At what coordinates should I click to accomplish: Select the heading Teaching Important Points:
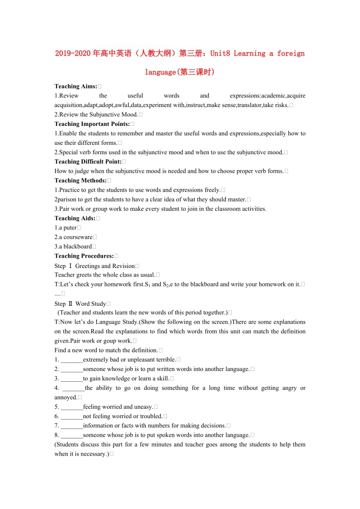(x=92, y=124)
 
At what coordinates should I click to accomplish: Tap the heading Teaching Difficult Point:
(x=88, y=161)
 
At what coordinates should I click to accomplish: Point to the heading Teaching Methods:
(x=81, y=180)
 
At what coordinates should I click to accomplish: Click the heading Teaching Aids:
(x=75, y=218)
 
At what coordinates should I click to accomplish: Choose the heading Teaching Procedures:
(x=84, y=256)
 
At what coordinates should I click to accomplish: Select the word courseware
(x=78, y=237)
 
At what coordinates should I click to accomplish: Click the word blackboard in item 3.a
(x=77, y=246)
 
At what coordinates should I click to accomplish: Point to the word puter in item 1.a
(x=70, y=228)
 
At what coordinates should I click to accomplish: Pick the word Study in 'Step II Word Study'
(x=99, y=304)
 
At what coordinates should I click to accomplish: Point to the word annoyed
(x=66, y=397)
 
